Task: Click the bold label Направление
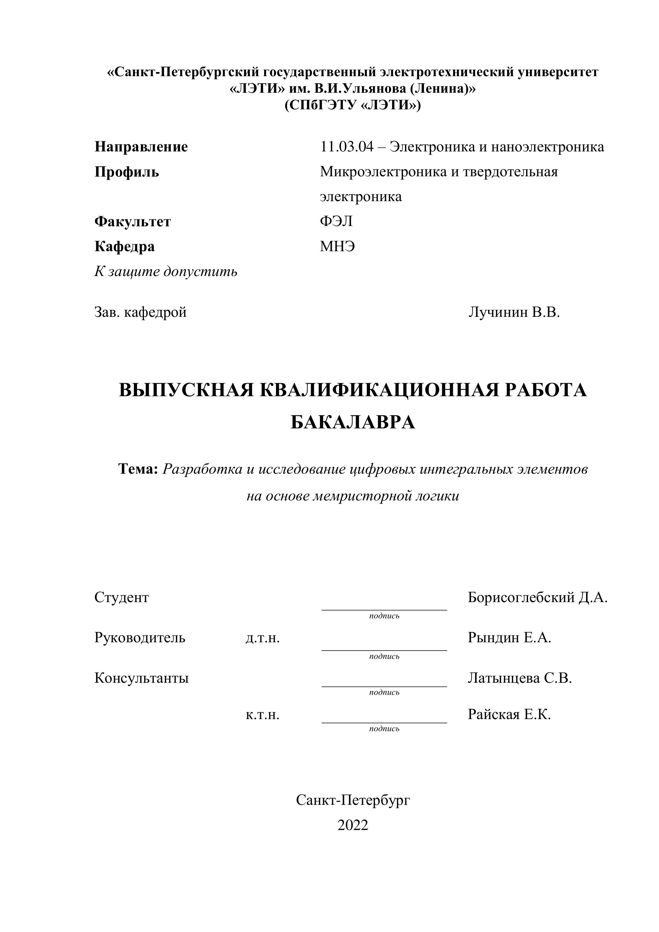point(141,147)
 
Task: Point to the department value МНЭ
point(337,246)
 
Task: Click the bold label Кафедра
point(125,246)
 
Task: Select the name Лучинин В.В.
point(514,312)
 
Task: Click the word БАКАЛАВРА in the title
point(353,422)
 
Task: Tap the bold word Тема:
point(138,469)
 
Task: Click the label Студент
point(122,597)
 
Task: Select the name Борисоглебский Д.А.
point(537,597)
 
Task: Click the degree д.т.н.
point(263,638)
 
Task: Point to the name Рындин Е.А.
point(509,638)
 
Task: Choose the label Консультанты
point(141,678)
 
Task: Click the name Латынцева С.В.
point(519,678)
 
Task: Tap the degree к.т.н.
point(263,714)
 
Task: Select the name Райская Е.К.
point(509,714)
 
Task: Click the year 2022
point(353,825)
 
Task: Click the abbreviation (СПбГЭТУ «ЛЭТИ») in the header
point(353,105)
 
